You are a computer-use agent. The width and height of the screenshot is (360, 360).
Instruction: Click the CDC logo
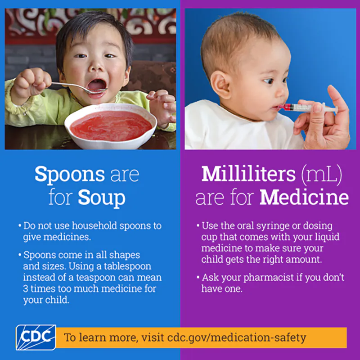tap(36, 337)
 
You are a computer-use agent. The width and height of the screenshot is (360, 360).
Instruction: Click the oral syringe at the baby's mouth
tap(306, 108)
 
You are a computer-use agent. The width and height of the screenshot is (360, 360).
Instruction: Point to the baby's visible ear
tap(221, 85)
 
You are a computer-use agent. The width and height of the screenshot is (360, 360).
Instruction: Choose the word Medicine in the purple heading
tap(305, 198)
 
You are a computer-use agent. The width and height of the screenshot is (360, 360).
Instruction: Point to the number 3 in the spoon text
tap(26, 288)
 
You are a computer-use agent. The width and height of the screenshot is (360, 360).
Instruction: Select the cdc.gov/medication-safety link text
tap(236, 337)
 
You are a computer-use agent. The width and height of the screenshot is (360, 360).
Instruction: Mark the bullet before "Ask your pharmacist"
tap(198, 278)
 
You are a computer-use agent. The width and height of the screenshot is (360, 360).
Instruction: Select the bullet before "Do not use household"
tap(19, 225)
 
